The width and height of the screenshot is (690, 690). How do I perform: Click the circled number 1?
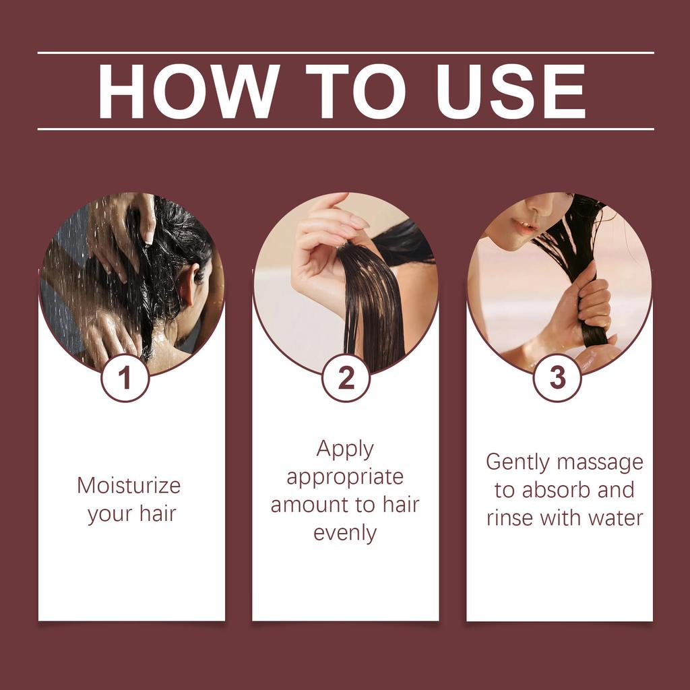coord(125,379)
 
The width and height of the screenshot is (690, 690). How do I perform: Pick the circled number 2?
coord(346,379)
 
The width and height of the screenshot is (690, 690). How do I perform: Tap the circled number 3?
coord(557,379)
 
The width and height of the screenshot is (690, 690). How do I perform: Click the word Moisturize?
coord(129,485)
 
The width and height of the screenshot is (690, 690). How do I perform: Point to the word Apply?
coord(345,449)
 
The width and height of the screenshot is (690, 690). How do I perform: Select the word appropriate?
coord(345,478)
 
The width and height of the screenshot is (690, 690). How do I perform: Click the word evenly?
coord(345,533)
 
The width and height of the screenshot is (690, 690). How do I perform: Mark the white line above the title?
coord(345,53)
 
